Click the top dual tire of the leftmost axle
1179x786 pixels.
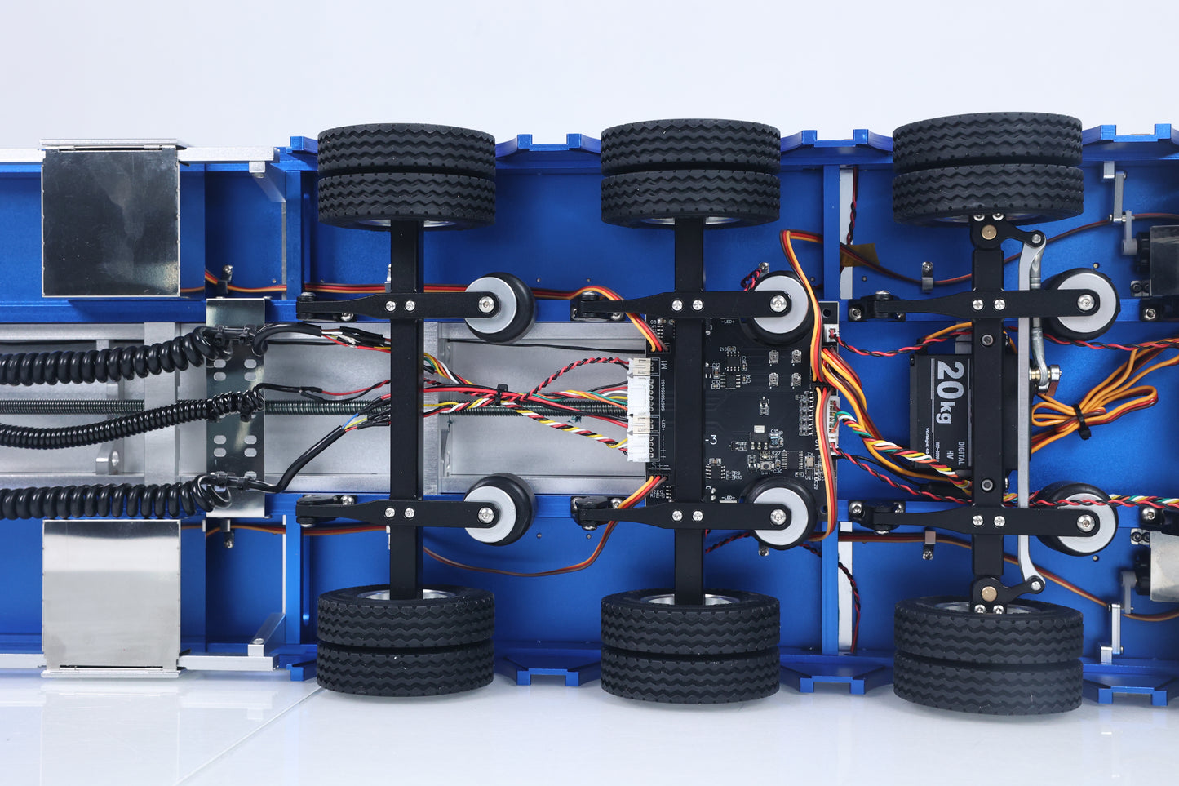[x=406, y=175]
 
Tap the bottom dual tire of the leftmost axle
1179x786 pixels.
[x=406, y=640]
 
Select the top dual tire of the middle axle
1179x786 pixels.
[x=690, y=173]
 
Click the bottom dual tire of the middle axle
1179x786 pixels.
[x=690, y=644]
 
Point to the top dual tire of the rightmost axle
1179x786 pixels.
[x=987, y=168]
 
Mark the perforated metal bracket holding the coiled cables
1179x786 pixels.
[x=235, y=408]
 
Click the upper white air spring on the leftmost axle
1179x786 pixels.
[x=498, y=305]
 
